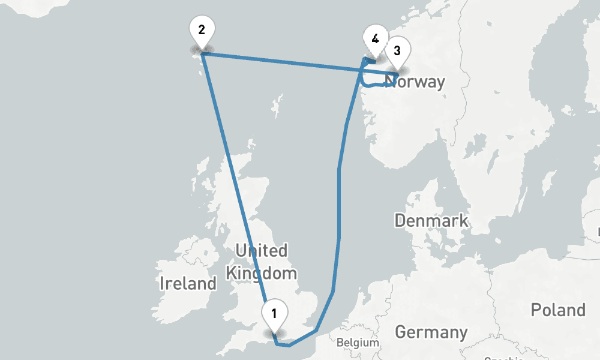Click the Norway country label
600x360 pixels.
coord(416,82)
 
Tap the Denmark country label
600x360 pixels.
coord(431,220)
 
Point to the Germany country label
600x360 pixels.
coord(431,332)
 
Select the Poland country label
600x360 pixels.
coord(557,310)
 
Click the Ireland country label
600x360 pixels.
coord(188,283)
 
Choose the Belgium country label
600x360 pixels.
coord(358,343)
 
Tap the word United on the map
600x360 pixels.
coord(261,250)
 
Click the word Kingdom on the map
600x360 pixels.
coord(261,274)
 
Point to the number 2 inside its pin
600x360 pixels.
coord(202,29)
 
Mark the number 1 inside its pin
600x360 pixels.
coord(274,313)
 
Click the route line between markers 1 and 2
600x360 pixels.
coord(234,180)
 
